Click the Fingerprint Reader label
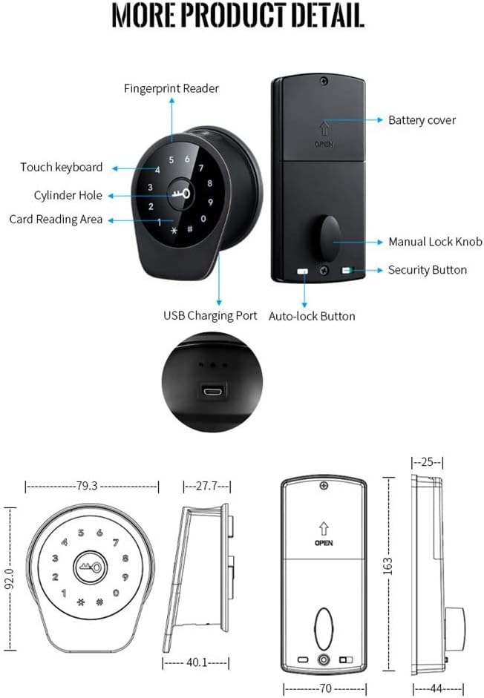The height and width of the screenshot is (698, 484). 171,89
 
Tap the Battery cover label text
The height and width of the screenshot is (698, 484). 422,120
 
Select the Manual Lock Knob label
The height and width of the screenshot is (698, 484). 435,242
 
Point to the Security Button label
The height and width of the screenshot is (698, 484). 428,270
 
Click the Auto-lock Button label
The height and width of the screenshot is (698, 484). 311,316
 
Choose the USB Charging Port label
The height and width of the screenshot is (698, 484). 210,315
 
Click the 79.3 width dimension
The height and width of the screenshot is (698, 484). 87,486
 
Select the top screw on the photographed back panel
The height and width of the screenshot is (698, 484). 324,82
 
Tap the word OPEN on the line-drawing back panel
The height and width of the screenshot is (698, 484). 324,543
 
